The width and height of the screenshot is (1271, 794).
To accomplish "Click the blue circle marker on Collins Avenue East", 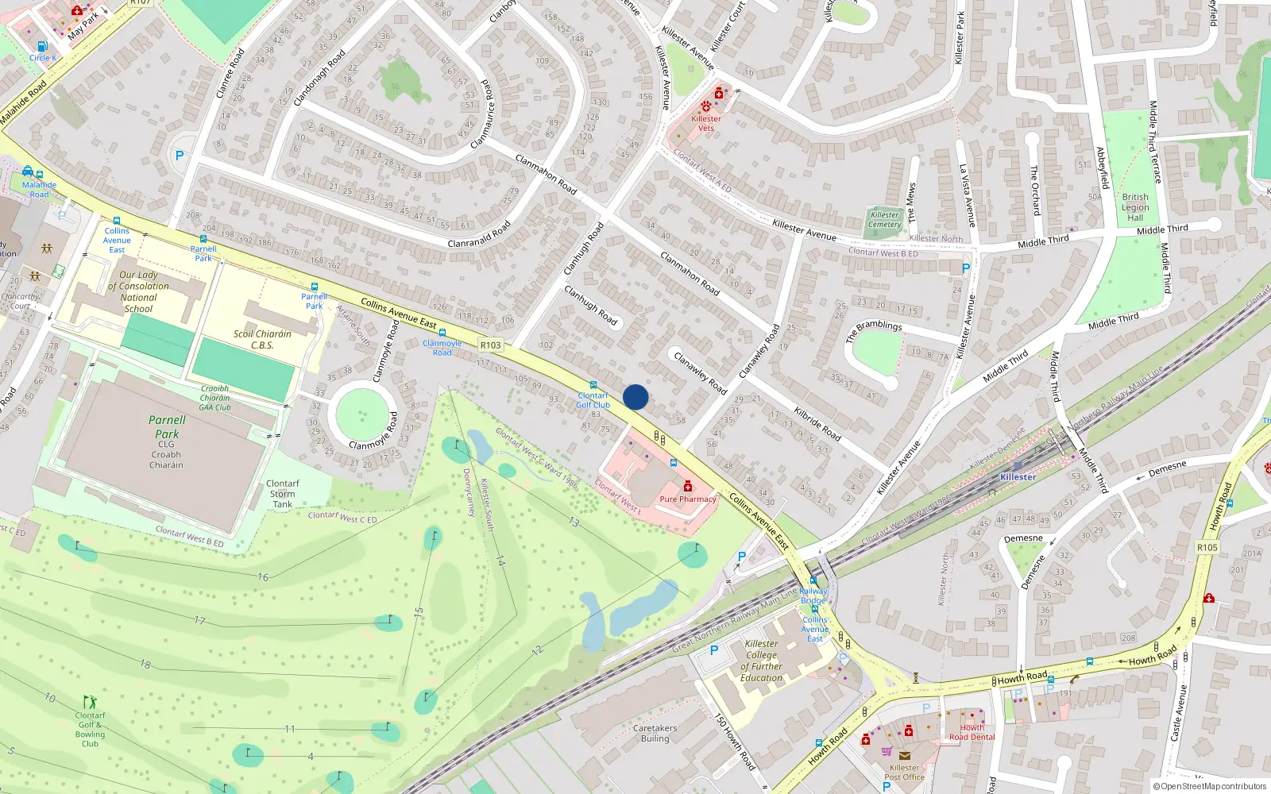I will [635, 397].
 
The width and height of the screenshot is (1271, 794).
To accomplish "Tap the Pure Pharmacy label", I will [688, 499].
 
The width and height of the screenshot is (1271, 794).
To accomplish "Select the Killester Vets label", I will [706, 123].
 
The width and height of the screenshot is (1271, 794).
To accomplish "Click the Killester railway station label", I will [1018, 477].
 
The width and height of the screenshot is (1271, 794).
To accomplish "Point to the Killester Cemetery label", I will [884, 220].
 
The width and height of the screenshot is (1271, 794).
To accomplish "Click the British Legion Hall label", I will [1135, 207].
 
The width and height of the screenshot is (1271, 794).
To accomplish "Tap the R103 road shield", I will [491, 345].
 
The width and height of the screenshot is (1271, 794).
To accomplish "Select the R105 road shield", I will [1207, 548].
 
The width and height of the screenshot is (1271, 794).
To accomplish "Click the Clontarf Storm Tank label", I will [283, 493].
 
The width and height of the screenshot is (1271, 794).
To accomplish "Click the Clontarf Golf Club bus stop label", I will [593, 400].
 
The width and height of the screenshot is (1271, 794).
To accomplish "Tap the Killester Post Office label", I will [904, 773].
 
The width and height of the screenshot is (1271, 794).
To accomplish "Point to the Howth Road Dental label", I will [972, 732].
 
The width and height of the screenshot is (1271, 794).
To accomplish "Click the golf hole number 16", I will [263, 577].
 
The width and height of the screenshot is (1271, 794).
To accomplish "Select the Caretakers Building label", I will [655, 733].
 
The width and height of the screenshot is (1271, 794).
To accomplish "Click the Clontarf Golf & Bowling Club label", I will [90, 729].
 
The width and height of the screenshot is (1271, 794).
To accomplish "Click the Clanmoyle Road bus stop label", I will [442, 348].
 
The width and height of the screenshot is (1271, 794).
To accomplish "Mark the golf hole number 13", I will [574, 522].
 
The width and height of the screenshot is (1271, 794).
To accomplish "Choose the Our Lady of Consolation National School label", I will [138, 291].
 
